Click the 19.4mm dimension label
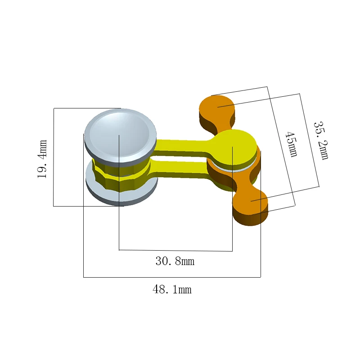42,159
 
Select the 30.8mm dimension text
175,261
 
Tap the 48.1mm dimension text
172,289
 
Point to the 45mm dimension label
292,144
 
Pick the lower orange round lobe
251,202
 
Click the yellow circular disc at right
233,146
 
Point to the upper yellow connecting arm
180,145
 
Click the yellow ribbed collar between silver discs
121,173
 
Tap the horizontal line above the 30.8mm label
175,250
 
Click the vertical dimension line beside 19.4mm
54,157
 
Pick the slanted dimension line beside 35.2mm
309,140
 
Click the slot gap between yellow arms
180,157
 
